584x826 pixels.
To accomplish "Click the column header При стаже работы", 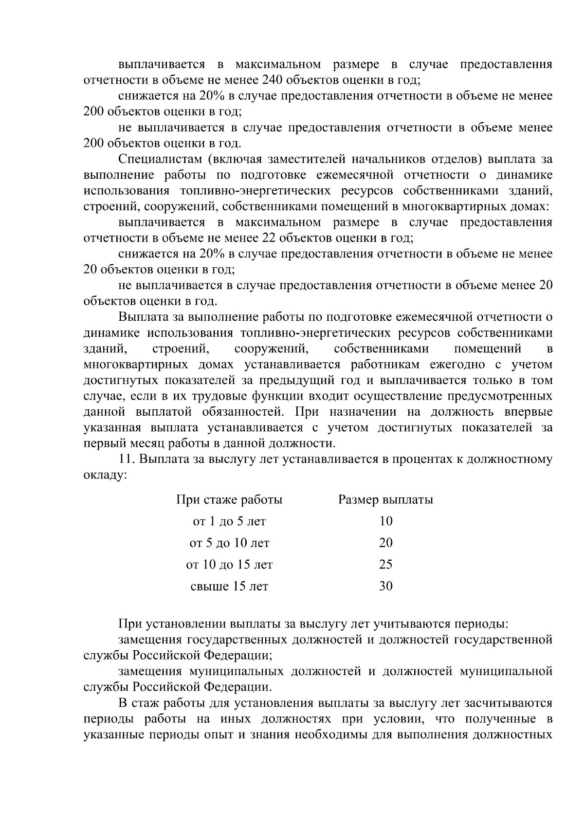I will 229,500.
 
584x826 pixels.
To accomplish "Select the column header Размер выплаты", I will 385,500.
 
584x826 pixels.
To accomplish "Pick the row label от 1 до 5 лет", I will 229,521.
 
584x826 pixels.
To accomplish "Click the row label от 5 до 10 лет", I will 229,543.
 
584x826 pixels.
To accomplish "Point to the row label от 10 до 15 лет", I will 229,565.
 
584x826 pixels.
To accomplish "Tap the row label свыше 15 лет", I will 229,586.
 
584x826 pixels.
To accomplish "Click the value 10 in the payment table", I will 385,521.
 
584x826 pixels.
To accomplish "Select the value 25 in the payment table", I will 385,565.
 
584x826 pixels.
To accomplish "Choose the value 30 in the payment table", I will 385,586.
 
